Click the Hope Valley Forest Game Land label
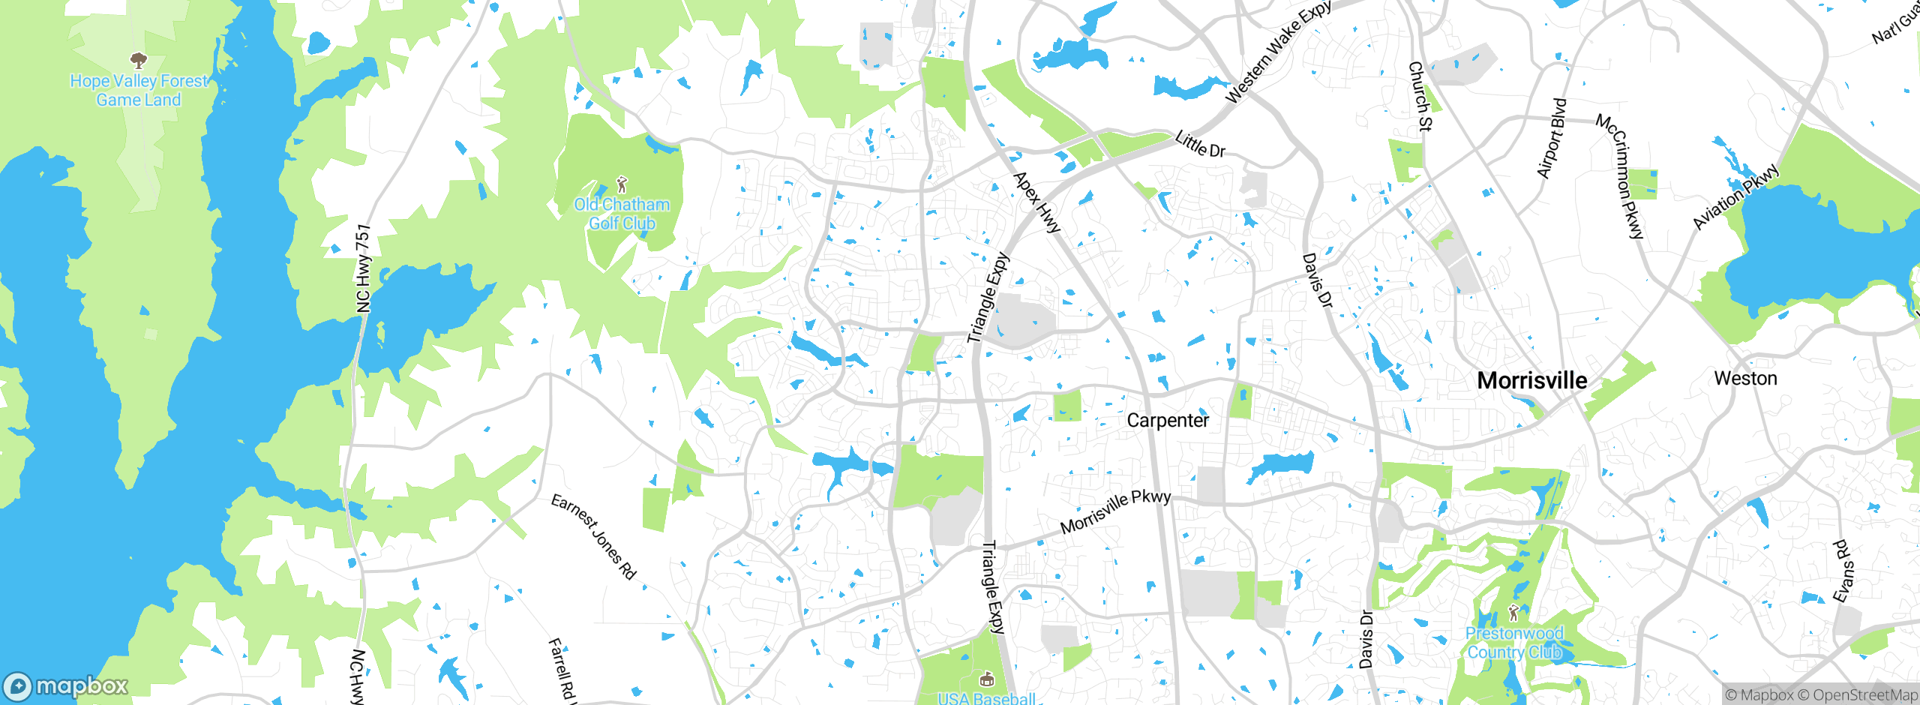point(139,91)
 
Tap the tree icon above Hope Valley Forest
point(138,60)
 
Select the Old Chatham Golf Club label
point(622,214)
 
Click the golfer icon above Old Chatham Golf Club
point(621,184)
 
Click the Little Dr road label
point(1200,144)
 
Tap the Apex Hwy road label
point(1036,202)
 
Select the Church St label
point(1420,97)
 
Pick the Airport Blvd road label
point(1552,139)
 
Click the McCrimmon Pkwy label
point(1620,176)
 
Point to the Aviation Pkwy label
point(1735,196)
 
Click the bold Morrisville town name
point(1531,380)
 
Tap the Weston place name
point(1745,379)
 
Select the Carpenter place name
point(1168,421)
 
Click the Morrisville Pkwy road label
point(1115,511)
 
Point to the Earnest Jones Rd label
point(593,536)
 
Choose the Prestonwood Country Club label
point(1514,643)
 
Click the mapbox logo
point(66,686)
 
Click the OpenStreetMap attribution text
point(1858,695)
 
